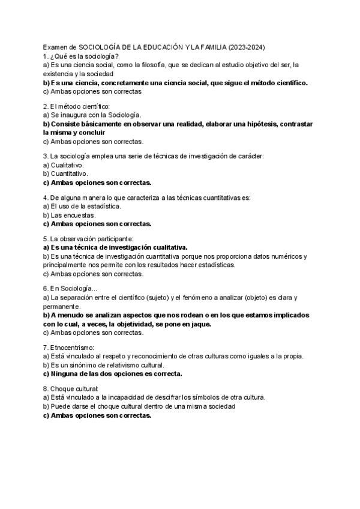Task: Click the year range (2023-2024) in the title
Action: [247, 47]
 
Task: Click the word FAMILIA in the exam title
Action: [207, 47]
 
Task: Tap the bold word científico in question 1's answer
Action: [287, 82]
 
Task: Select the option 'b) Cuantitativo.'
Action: [66, 173]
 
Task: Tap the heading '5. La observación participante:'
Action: [86, 238]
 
